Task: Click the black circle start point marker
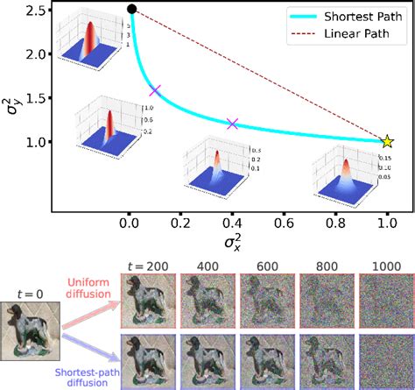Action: pos(131,10)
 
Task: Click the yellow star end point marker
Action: pos(387,141)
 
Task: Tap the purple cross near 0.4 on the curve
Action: pos(232,124)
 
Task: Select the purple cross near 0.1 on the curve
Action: pos(155,89)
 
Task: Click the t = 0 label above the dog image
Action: pos(32,294)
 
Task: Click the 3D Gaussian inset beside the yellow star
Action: pos(347,173)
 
